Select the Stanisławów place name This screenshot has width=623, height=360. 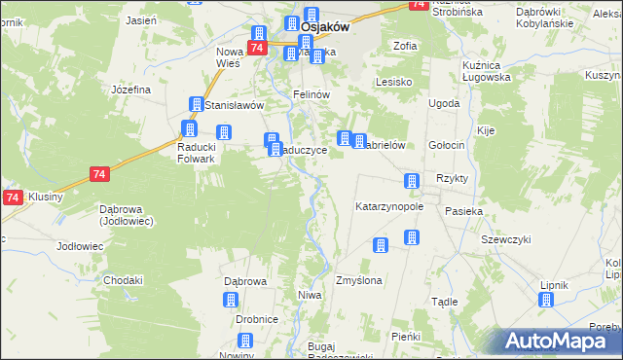234,104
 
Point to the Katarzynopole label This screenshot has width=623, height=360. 388,207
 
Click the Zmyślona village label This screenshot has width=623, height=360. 358,280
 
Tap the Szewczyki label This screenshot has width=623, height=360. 505,239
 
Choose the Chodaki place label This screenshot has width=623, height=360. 124,280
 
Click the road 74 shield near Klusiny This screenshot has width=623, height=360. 12,198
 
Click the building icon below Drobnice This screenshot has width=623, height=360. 244,340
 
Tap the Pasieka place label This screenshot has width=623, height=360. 463,210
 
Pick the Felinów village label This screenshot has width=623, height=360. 312,94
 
